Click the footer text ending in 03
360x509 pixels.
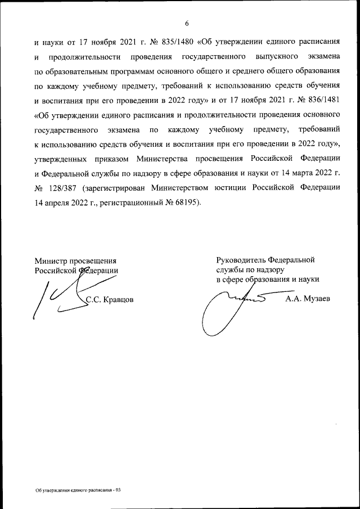point(78,490)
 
